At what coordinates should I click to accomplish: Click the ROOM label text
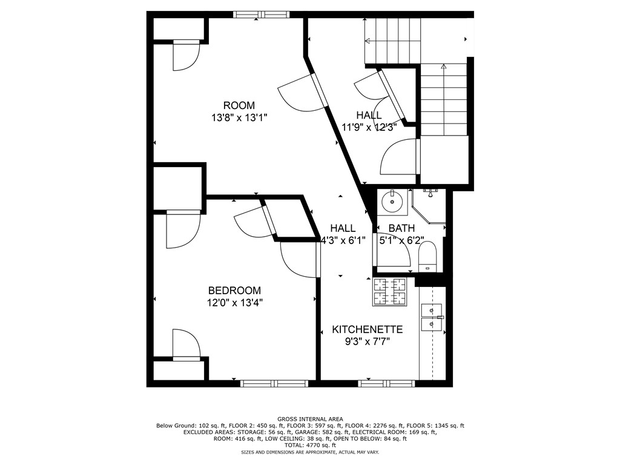239,105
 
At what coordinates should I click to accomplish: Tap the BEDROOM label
234,291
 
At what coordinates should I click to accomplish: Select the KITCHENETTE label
368,329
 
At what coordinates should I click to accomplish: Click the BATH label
401,228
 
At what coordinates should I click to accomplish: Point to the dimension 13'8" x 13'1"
239,118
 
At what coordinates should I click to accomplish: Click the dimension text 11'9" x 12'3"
369,127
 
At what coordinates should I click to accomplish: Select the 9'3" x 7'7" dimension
368,341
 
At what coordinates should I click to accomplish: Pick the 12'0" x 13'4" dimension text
234,302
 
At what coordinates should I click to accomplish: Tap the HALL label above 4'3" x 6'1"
343,228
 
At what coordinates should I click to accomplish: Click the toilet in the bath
427,257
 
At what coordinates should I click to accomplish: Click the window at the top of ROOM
262,15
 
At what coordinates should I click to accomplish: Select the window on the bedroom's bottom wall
274,383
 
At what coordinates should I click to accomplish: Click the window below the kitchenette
386,383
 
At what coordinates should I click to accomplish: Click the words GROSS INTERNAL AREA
309,419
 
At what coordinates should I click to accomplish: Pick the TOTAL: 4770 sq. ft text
309,445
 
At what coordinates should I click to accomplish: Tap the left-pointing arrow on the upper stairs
368,41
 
